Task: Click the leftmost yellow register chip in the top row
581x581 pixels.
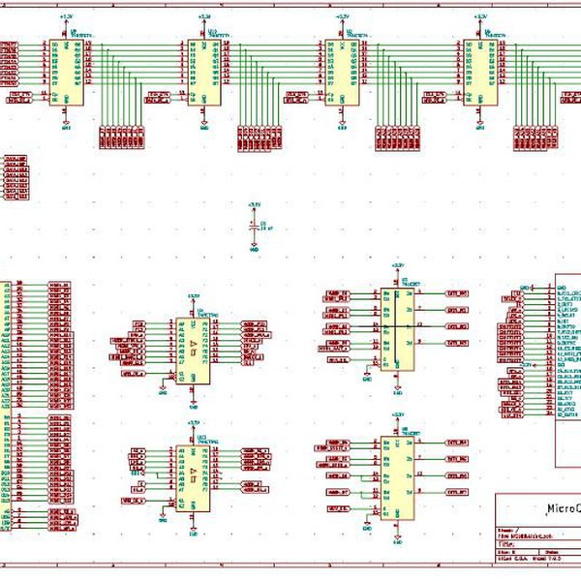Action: [66, 73]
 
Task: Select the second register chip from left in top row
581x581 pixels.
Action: [204, 73]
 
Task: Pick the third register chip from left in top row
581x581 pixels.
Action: [342, 73]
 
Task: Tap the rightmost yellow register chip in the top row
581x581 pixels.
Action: [479, 73]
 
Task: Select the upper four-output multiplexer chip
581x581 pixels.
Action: [396, 328]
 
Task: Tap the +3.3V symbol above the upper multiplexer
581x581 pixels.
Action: [396, 265]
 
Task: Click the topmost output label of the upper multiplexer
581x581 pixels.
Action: [456, 292]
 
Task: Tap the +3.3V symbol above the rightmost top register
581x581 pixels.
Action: [479, 17]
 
